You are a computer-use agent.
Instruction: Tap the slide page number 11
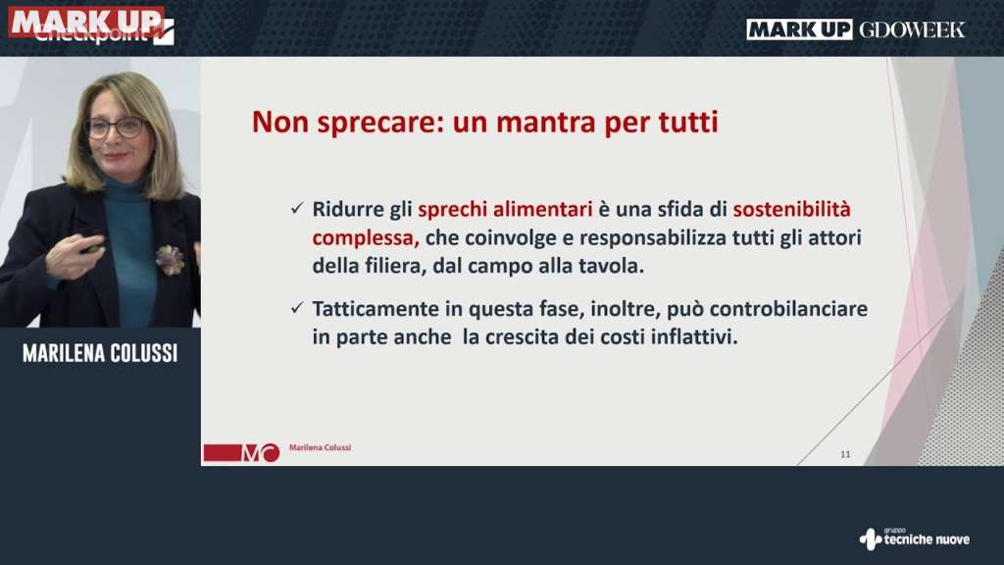(x=845, y=454)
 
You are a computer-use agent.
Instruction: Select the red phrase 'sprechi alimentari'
(x=505, y=210)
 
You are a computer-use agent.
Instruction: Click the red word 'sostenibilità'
(x=791, y=210)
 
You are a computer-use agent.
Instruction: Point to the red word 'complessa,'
(x=366, y=238)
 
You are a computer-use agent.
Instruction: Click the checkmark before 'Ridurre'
(x=296, y=208)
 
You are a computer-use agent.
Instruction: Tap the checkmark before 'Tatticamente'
(x=296, y=308)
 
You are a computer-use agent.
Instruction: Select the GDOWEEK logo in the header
(x=912, y=29)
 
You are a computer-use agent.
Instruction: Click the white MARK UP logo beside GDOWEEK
(x=799, y=29)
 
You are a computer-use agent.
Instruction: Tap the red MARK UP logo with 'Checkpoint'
(x=91, y=26)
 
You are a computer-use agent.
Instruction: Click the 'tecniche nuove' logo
(x=915, y=539)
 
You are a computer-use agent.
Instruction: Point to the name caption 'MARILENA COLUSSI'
(x=100, y=353)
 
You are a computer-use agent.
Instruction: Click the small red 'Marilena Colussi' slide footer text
(x=321, y=447)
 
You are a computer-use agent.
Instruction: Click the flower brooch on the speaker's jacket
(x=170, y=259)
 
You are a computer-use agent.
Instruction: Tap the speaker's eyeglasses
(x=116, y=128)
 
